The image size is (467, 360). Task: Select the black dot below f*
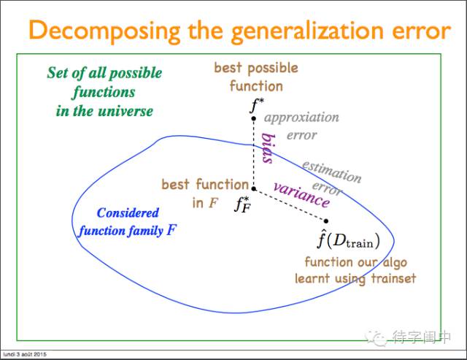pyautogui.click(x=253, y=118)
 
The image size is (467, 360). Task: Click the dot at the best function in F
pyautogui.click(x=253, y=188)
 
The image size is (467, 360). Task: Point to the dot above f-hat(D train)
pyautogui.click(x=326, y=221)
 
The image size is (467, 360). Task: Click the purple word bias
pyautogui.click(x=268, y=148)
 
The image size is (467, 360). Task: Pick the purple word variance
pyautogui.click(x=301, y=195)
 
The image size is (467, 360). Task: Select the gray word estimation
pyautogui.click(x=332, y=172)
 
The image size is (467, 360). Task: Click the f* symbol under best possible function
pyautogui.click(x=257, y=105)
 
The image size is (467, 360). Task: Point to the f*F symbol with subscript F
pyautogui.click(x=243, y=204)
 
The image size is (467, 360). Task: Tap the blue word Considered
pyautogui.click(x=128, y=212)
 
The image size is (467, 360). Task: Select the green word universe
pyautogui.click(x=126, y=111)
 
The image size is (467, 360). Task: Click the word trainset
pyautogui.click(x=393, y=278)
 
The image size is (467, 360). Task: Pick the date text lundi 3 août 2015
pyautogui.click(x=25, y=354)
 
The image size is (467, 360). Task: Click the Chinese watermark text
pyautogui.click(x=421, y=337)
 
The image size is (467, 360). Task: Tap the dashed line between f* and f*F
pyautogui.click(x=253, y=153)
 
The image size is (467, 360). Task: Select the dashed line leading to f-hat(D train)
pyautogui.click(x=290, y=204)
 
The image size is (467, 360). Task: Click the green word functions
pyautogui.click(x=104, y=93)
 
